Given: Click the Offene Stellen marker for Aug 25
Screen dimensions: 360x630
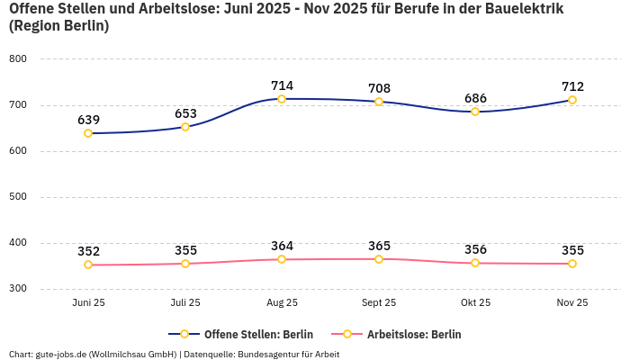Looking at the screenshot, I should click(282, 99).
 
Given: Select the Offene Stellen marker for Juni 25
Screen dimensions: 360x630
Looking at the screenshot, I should click(88, 133).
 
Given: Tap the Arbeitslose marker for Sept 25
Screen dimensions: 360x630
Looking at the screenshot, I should click(379, 259).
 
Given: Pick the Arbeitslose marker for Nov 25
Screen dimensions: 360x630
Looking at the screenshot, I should click(572, 264).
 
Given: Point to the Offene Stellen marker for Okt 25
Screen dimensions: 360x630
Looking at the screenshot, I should click(475, 112).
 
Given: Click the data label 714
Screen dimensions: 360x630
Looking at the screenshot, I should click(282, 85).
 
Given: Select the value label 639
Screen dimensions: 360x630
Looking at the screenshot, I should click(88, 120).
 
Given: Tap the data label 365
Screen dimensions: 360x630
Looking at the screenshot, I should click(379, 246).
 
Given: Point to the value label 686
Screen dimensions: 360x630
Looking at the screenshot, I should click(475, 98).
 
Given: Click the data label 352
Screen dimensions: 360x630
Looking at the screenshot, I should click(88, 251).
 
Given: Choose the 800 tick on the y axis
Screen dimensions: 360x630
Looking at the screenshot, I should click(18, 58).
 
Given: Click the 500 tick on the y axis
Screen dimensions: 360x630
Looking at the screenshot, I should click(18, 196).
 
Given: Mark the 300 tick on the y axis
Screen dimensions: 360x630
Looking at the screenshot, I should click(18, 289).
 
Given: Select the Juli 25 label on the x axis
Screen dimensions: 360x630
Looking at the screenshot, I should click(185, 303).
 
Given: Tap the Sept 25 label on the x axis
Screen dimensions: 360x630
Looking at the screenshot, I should click(379, 303).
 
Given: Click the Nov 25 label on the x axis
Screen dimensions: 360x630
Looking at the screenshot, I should click(572, 303).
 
